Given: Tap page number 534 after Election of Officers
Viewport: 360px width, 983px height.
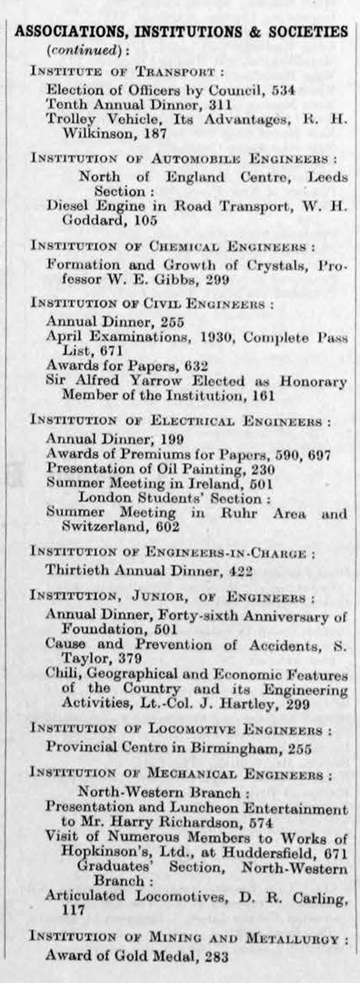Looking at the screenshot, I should point(284,90).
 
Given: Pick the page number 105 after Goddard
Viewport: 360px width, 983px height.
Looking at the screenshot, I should point(145,221).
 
